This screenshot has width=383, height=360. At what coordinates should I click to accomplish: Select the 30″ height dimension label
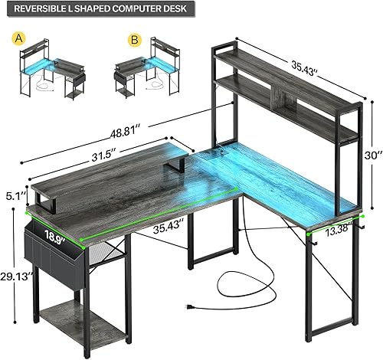pyautogui.click(x=371, y=154)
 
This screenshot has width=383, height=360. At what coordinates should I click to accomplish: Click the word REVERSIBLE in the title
pyautogui.click(x=39, y=9)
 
